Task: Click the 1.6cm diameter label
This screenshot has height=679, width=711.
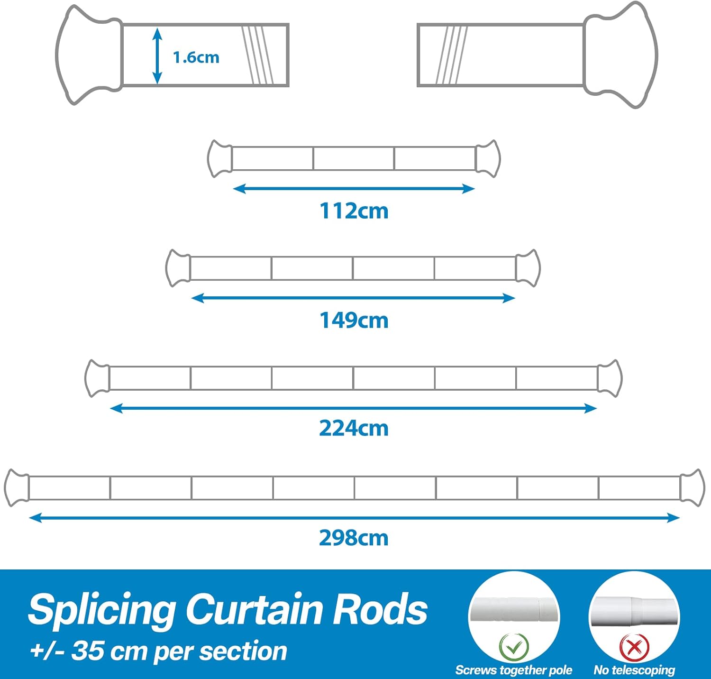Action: [x=196, y=57]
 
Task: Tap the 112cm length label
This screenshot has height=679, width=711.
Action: [x=354, y=211]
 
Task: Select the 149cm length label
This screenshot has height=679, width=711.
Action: [x=354, y=321]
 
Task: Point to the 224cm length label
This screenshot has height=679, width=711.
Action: [x=354, y=428]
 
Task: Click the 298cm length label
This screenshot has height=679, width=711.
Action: [x=354, y=538]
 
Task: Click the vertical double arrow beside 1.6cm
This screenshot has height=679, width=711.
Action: [x=157, y=56]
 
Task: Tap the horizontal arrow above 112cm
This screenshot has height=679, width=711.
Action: [x=354, y=189]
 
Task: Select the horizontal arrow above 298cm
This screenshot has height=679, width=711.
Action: [x=354, y=518]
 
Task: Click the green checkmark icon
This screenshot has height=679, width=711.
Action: [x=514, y=646]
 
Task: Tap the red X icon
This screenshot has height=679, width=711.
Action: [x=634, y=646]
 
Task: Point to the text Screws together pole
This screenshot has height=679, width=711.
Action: [x=513, y=670]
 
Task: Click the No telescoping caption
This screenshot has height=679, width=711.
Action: [x=634, y=670]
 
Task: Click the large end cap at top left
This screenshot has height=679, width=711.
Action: [x=89, y=55]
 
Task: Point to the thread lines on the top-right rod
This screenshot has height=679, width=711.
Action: [x=452, y=55]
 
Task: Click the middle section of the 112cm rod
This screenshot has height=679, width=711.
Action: [x=354, y=158]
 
